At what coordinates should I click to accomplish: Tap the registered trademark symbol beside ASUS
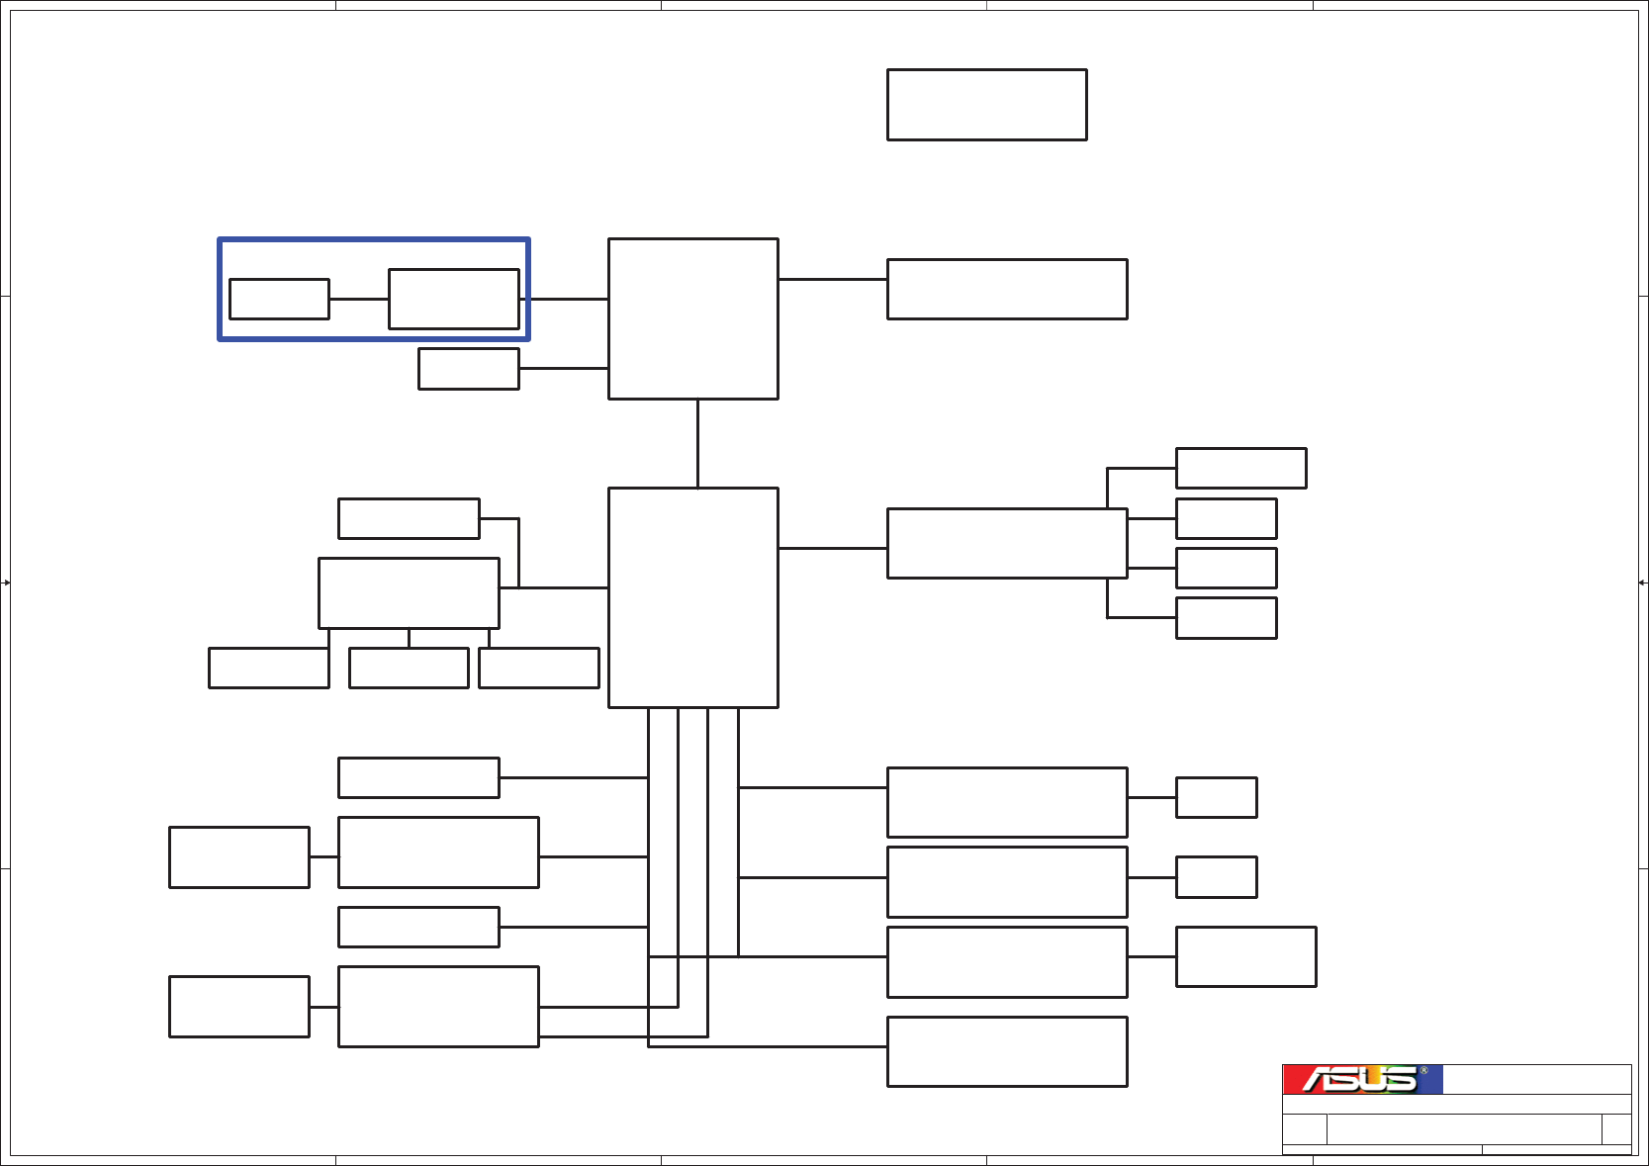(x=1423, y=1071)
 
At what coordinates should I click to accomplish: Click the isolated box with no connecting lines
(x=986, y=105)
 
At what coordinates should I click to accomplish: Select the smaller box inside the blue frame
(x=279, y=299)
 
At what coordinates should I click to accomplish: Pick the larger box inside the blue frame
(x=453, y=299)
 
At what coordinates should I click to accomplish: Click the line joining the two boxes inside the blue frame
(x=358, y=299)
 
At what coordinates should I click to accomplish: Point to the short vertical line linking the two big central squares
(x=697, y=443)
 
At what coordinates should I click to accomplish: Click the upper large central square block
(x=692, y=318)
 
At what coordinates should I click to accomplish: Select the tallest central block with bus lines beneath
(x=692, y=597)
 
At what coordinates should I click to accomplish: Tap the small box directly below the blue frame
(x=468, y=369)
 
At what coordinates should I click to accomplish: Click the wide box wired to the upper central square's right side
(x=1006, y=289)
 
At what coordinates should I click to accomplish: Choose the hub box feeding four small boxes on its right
(x=1006, y=543)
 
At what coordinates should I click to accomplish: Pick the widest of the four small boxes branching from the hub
(x=1240, y=468)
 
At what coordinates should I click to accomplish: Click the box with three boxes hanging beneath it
(x=408, y=592)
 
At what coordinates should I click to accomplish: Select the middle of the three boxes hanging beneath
(x=408, y=668)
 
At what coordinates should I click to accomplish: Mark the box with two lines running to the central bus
(x=437, y=1006)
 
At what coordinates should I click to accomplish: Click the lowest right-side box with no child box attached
(x=1006, y=1051)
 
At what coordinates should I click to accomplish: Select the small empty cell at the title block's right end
(x=1615, y=1128)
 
